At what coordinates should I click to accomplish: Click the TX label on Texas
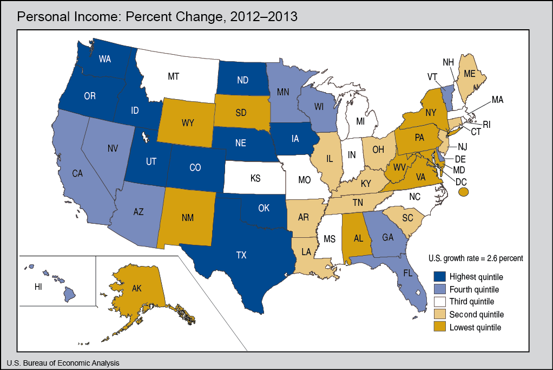pyautogui.click(x=241, y=256)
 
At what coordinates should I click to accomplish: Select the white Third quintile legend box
pyautogui.click(x=439, y=301)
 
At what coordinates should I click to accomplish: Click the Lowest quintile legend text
pyautogui.click(x=475, y=327)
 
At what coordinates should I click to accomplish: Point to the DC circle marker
pyautogui.click(x=463, y=191)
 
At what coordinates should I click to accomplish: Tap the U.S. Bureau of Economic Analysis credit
pyautogui.click(x=63, y=363)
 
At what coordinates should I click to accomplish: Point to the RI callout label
pyautogui.click(x=486, y=124)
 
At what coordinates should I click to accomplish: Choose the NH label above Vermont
pyautogui.click(x=448, y=63)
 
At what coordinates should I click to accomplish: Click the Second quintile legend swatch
pyautogui.click(x=439, y=314)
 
